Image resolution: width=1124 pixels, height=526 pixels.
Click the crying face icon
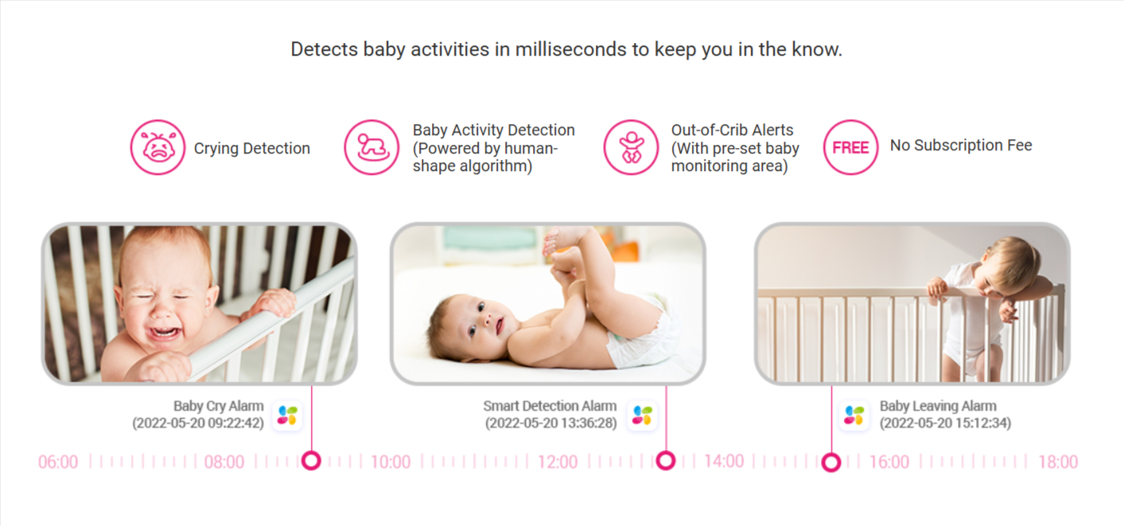158,147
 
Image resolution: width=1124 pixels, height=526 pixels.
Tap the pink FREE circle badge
850,147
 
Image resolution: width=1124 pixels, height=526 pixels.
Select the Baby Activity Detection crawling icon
371,147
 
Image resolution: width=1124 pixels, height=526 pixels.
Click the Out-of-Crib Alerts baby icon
631,147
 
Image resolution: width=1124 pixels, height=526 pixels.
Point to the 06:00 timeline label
58,462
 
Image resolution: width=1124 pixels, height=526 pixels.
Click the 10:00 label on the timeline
391,462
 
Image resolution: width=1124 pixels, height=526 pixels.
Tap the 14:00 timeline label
723,462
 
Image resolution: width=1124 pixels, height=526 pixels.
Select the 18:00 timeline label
1057,462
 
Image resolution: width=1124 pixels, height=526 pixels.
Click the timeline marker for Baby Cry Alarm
311,461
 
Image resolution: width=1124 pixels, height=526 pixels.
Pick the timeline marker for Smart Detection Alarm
666,461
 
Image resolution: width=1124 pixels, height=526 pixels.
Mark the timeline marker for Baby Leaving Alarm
831,462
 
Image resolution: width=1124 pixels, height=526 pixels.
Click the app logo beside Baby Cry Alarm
287,415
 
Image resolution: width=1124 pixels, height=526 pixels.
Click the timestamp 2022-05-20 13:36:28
550,423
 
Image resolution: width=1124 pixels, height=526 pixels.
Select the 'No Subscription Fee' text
960,146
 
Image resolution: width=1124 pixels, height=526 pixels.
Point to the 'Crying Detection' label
251,149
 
